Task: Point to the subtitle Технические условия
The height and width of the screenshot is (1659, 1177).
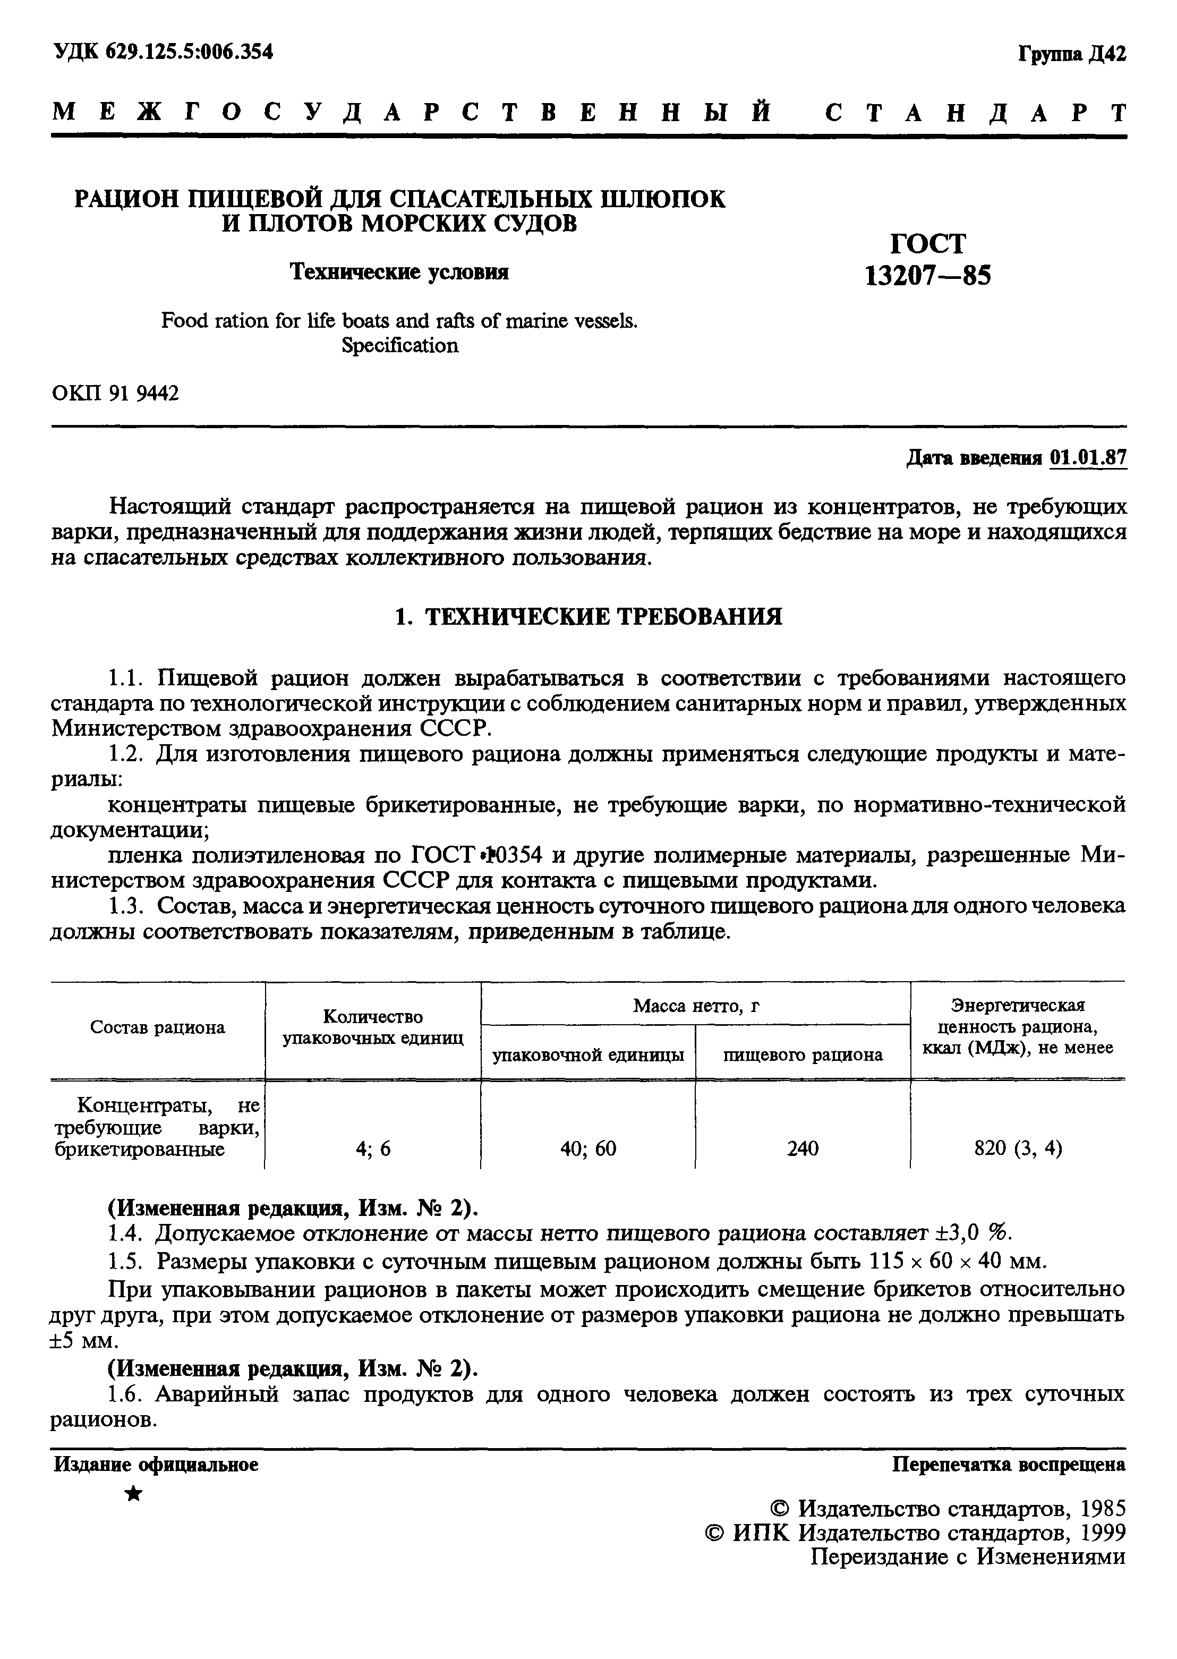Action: [399, 272]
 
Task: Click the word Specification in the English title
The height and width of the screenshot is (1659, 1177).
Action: [399, 346]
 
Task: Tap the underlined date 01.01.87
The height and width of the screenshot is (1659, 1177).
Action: [1088, 458]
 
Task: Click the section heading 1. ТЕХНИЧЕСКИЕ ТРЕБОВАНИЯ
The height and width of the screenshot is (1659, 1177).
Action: [588, 617]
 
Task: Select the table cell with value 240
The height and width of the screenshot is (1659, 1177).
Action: [803, 1148]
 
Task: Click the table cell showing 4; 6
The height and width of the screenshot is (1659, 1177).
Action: [373, 1148]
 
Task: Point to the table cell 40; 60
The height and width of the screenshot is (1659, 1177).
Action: [588, 1148]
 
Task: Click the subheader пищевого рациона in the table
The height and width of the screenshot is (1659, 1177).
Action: [803, 1054]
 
